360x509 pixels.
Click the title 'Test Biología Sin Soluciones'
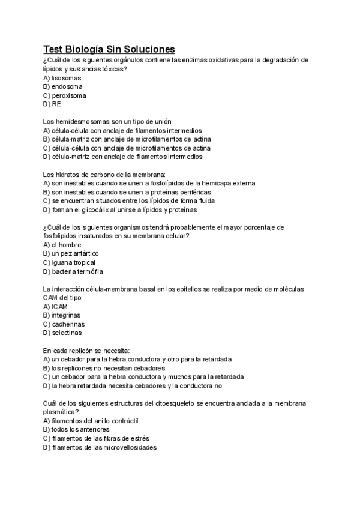(x=109, y=49)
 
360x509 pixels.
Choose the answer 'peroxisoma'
(x=64, y=95)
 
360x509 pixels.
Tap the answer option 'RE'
(x=52, y=104)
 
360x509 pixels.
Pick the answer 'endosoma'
(x=62, y=86)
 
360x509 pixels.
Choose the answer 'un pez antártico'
(x=71, y=254)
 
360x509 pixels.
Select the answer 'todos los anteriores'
(x=76, y=430)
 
